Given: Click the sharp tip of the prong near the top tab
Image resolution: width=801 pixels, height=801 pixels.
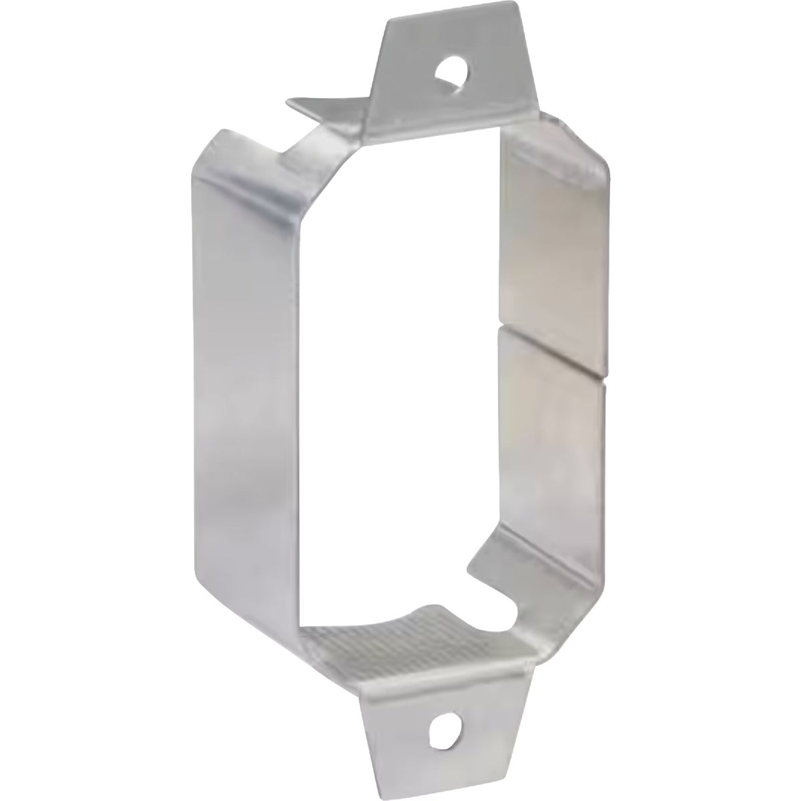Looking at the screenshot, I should [289, 102].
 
